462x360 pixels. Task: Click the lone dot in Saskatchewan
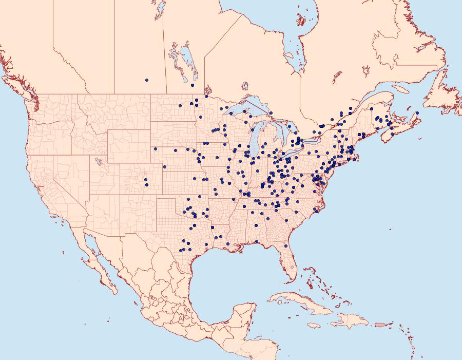point(147,80)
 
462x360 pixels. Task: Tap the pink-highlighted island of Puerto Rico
point(380,324)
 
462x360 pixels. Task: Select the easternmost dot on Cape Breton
point(417,113)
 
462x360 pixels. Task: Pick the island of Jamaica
point(314,325)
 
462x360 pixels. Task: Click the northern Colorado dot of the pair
point(146,180)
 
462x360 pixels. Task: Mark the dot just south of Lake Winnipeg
point(192,85)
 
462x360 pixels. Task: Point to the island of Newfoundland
point(444,92)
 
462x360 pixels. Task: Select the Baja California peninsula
point(98,262)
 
